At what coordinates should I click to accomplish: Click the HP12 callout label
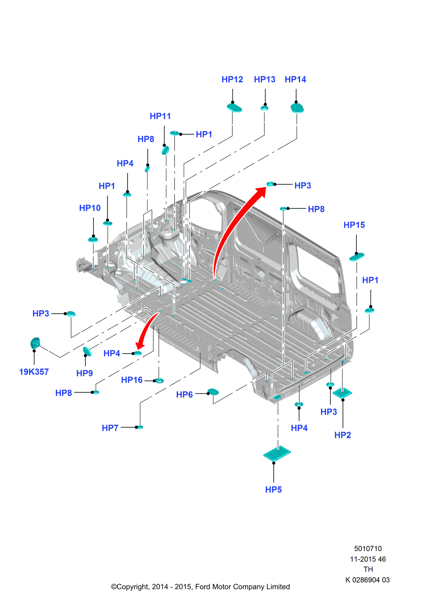click(232, 80)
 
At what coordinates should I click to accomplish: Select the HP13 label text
click(264, 80)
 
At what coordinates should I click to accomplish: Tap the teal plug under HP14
click(297, 109)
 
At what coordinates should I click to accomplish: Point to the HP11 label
click(160, 116)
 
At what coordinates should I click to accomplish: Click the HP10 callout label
click(90, 208)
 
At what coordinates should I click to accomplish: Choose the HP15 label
click(354, 225)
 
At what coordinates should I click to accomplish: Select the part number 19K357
click(34, 372)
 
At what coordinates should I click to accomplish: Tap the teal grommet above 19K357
click(35, 343)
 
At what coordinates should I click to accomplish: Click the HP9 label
click(84, 373)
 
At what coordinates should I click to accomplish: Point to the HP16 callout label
click(132, 380)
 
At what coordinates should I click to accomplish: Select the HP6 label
click(184, 395)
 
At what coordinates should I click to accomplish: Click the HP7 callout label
click(110, 428)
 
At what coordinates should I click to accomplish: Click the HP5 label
click(273, 490)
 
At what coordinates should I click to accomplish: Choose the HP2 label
click(343, 435)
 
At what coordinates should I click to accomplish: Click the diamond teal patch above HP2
click(342, 393)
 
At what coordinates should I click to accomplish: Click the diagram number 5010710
click(368, 549)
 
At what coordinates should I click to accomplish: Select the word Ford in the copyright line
click(203, 587)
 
